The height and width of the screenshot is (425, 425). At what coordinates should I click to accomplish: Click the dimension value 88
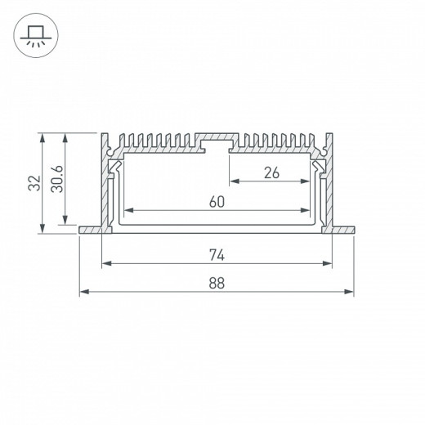pos(216,283)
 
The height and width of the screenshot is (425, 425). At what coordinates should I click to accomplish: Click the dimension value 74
pos(216,254)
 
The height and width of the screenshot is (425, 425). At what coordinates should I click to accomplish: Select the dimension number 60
pos(216,202)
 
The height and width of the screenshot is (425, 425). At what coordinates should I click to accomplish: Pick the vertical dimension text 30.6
pos(55,182)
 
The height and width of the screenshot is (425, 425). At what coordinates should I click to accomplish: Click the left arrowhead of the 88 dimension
pos(82,292)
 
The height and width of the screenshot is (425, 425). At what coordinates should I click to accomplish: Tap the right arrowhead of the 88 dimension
pos(351,292)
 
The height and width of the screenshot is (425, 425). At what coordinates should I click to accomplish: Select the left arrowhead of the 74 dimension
pos(105,263)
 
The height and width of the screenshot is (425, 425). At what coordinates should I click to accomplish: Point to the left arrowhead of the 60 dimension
pos(126,211)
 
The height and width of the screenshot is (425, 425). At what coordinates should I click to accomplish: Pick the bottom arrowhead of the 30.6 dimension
pos(66,221)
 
